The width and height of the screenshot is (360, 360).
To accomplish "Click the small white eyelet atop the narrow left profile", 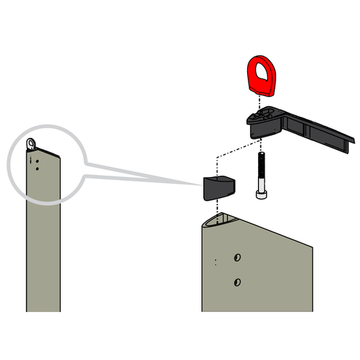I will pos(32,143).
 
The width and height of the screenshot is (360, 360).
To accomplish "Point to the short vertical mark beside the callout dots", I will pos(31,160).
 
